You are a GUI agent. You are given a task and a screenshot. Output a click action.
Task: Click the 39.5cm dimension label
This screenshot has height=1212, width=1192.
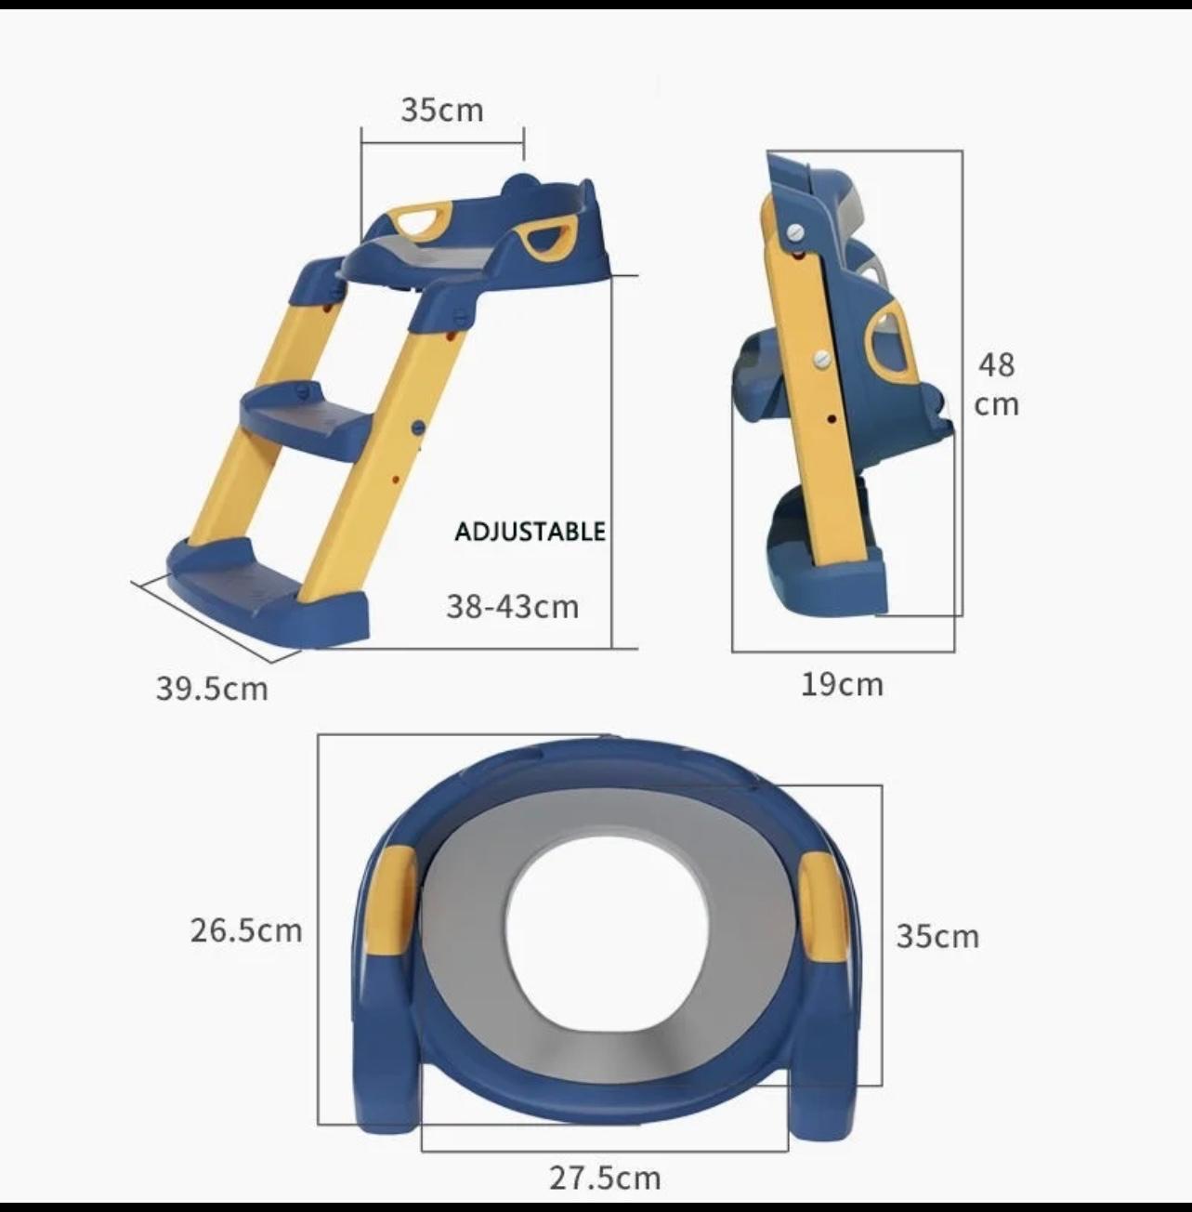212,689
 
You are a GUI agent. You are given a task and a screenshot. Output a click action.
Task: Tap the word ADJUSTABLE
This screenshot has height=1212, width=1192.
530,532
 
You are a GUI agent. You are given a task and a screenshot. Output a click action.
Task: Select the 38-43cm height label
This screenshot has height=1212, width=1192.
512,607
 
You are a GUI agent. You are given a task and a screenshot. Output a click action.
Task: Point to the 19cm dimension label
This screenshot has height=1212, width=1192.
842,685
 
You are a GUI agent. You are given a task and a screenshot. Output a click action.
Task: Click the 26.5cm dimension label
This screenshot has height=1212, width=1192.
246,930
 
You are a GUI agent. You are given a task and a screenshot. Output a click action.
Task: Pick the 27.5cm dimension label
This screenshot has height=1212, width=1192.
605,1179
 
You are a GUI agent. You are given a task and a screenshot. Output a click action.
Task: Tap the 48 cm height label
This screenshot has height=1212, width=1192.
996,384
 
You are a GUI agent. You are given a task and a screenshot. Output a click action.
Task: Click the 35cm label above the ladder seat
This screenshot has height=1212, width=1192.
442,110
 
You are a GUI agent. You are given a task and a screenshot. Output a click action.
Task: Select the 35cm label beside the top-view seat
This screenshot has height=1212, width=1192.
937,936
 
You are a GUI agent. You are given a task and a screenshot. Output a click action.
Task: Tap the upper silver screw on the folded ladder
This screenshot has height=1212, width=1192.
795,231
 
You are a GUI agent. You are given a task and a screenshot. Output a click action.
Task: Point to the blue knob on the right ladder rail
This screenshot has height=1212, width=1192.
418,428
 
